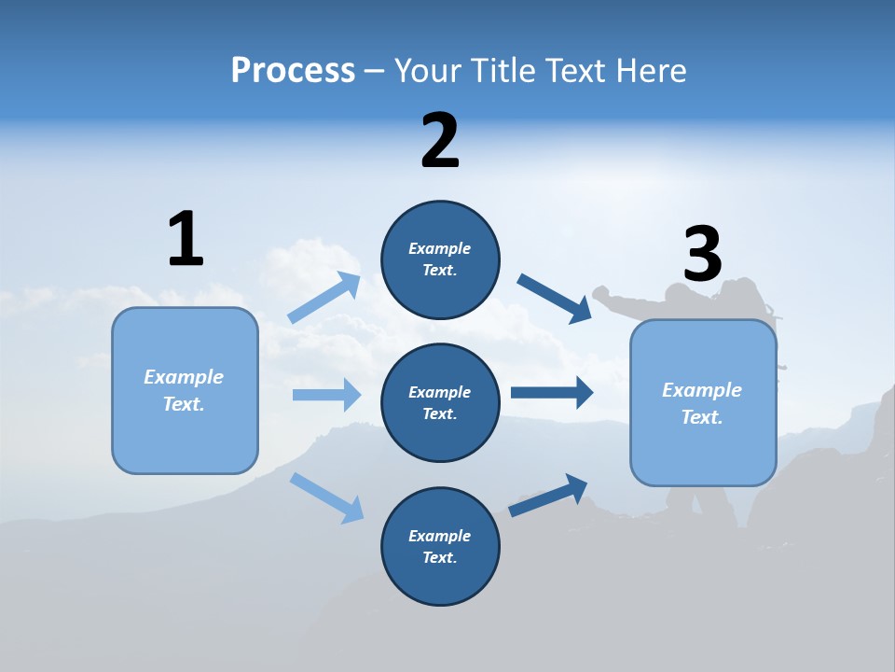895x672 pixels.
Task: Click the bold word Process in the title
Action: tap(293, 71)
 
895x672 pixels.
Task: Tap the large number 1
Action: tap(186, 239)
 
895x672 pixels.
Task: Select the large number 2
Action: tap(440, 141)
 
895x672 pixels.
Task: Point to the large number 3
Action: tap(702, 254)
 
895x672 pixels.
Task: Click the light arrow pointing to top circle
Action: tap(324, 298)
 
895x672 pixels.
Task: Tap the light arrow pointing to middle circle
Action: tap(326, 395)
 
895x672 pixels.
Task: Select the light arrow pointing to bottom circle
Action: tap(326, 497)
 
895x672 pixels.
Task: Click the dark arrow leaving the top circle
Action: tap(555, 299)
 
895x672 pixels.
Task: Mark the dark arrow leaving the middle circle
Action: tap(552, 393)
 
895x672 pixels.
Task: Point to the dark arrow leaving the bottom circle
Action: tap(548, 496)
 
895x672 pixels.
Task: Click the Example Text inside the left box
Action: tap(184, 390)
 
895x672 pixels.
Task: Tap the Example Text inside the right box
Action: tap(702, 403)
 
